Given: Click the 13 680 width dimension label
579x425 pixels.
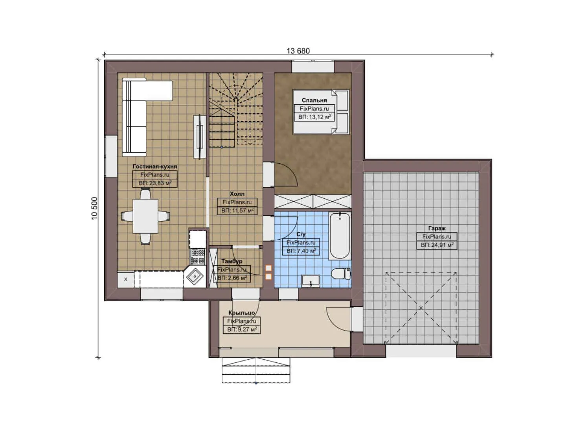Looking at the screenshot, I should click(298, 51).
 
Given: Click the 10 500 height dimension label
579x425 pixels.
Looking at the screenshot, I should click(95, 208).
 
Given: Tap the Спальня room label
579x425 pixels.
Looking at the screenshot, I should click(314, 100).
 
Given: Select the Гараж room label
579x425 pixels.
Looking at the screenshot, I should click(437, 228).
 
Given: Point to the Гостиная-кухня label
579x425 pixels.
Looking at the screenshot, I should click(154, 166).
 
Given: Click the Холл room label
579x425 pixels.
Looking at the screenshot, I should click(237, 194).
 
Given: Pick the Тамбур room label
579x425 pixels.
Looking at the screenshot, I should click(232, 261).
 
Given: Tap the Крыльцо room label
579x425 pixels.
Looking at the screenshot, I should click(241, 313).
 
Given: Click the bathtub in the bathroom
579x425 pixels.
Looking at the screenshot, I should click(339, 236).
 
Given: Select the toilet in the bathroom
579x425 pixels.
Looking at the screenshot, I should click(340, 273).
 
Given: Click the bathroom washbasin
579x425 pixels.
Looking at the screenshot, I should click(311, 281).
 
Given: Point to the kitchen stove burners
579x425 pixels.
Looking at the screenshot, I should click(198, 256).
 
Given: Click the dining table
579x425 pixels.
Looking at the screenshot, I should click(145, 216).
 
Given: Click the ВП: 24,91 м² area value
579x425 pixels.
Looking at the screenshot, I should click(437, 245).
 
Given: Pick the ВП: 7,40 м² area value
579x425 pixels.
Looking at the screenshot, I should click(301, 251).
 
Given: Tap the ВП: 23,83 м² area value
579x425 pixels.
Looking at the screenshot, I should click(155, 183).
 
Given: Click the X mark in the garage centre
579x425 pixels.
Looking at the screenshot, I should click(421, 308).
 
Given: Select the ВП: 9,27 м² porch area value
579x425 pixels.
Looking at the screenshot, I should click(242, 329).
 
